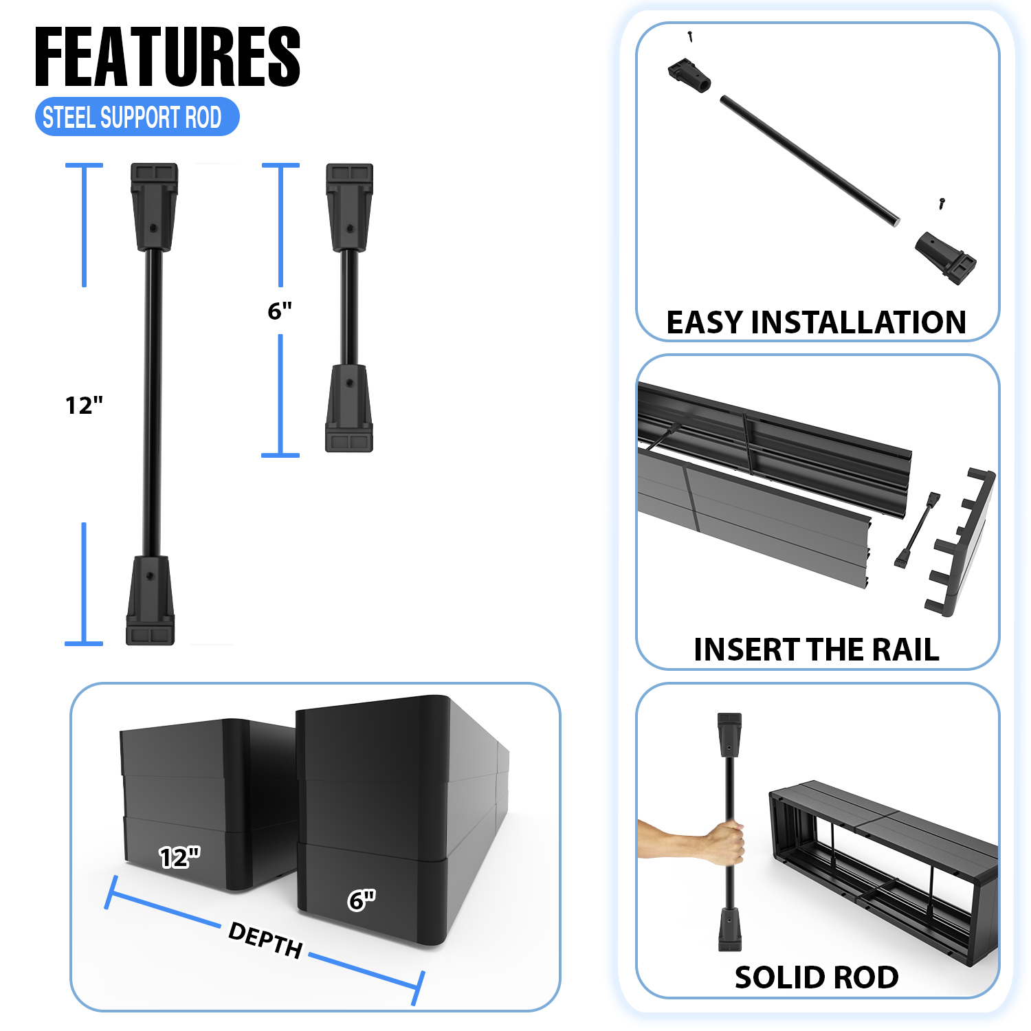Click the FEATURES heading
point(168,57)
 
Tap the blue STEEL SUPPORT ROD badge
point(137,117)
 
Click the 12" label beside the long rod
point(84,406)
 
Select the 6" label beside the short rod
point(280,311)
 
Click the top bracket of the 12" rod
point(154,207)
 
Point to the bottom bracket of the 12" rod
point(151,600)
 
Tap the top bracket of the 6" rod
point(349,207)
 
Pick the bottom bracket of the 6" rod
point(349,408)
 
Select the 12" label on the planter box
point(179,857)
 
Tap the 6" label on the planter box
point(362,900)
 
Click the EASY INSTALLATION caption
point(817,322)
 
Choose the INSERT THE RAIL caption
point(817,650)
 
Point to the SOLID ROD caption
point(817,977)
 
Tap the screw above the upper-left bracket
point(690,36)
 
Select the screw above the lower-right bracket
point(942,203)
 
